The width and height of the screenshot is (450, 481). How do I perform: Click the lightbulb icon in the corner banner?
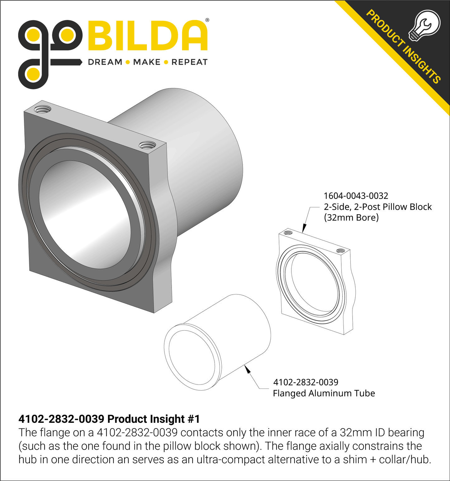coord(424,25)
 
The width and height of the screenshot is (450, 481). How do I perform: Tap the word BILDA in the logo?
coord(148,36)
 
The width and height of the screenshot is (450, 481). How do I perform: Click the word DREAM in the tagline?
coord(105,62)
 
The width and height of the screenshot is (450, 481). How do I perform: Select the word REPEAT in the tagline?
coord(189,62)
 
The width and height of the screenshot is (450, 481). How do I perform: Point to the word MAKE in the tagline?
coord(147,62)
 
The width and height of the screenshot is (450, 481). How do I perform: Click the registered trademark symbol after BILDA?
coord(207,20)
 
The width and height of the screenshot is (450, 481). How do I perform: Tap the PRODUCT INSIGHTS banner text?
coord(403,47)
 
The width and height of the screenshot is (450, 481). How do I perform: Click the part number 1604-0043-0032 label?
coord(356,196)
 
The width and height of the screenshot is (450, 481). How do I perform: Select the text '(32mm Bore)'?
coord(351,217)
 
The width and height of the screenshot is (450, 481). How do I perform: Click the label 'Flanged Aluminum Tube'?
coord(324,393)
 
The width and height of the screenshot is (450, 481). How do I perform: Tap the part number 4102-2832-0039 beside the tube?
coord(306,382)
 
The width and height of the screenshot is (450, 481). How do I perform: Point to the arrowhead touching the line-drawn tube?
coord(248,370)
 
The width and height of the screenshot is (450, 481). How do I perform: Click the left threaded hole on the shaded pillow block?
coord(43,109)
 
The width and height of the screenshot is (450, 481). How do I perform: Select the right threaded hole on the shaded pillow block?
coord(147,145)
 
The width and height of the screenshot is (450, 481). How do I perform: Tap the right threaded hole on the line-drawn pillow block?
coord(341,251)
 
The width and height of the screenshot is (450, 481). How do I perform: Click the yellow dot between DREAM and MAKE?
coord(128,62)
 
